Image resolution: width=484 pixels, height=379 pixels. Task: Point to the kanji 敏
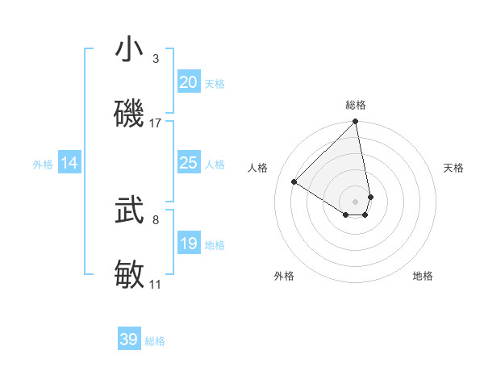(129, 274)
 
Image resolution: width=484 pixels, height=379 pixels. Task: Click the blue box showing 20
(188, 82)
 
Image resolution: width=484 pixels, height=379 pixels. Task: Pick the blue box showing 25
(188, 163)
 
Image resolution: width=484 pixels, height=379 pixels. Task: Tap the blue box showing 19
(188, 244)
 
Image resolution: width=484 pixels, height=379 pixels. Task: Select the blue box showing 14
(69, 163)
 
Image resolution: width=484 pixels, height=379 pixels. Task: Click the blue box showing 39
(128, 339)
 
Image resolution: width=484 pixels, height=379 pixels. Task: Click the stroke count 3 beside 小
(156, 59)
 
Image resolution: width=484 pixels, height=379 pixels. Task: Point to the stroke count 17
(156, 123)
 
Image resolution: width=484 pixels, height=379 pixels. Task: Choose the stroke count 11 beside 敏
(155, 284)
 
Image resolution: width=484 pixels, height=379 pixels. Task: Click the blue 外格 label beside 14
(43, 164)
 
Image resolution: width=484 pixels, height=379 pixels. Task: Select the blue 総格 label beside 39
(155, 341)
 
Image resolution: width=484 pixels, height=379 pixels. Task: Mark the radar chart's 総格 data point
(355, 122)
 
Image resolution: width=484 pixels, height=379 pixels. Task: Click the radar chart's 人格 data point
(294, 181)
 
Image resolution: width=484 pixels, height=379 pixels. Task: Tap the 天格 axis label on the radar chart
(454, 168)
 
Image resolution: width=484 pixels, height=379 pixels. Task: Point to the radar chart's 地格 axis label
(423, 276)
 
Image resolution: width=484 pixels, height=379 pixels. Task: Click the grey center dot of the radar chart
(355, 202)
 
